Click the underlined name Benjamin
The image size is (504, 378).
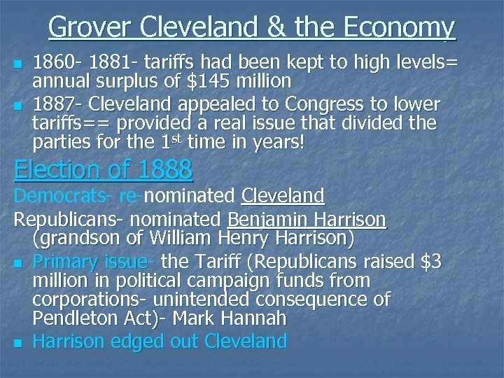coord(269,220)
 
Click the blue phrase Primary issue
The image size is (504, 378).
coord(94,262)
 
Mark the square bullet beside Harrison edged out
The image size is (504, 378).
coord(18,342)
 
